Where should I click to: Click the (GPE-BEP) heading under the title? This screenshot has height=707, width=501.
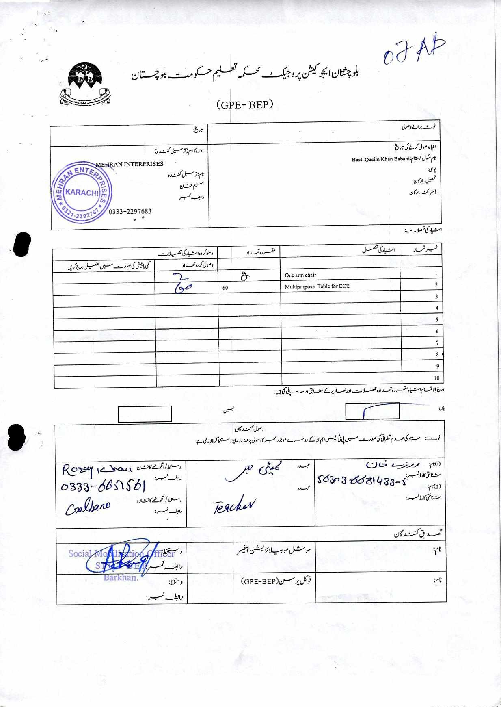(x=245, y=105)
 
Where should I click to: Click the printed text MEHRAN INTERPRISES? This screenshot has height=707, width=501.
(x=130, y=164)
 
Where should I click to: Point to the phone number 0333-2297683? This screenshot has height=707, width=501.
(x=130, y=211)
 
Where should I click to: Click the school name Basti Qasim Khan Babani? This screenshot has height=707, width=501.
(x=377, y=159)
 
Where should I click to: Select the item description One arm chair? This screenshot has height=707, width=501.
(x=300, y=275)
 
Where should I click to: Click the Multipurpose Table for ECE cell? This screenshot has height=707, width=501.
(x=317, y=286)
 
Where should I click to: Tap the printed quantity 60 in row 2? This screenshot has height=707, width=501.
(x=225, y=288)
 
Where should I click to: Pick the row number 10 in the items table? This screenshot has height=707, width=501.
(x=436, y=377)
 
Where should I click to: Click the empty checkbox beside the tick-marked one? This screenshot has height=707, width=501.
(x=145, y=414)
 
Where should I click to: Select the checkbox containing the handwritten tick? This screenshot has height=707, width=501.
(x=372, y=411)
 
